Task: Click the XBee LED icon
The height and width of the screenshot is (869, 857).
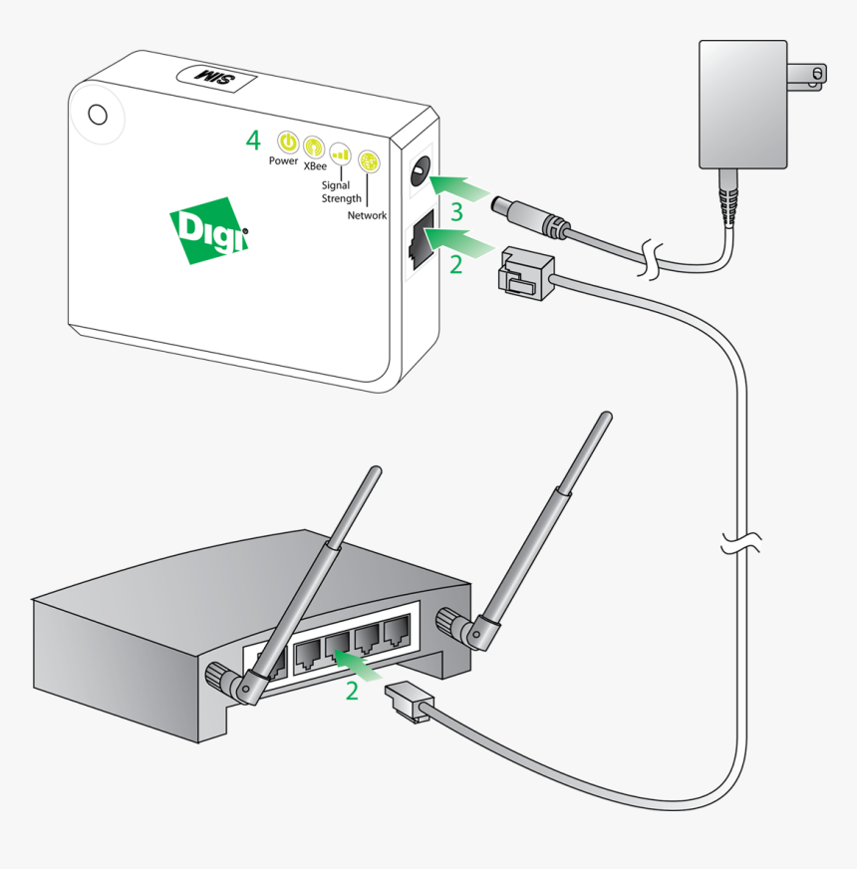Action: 314,147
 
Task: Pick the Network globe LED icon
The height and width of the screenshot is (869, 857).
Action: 369,161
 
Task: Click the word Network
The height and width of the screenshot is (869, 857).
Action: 367,215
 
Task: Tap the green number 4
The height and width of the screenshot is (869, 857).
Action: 253,140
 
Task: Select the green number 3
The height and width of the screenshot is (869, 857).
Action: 456,212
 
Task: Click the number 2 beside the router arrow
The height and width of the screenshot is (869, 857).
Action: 352,691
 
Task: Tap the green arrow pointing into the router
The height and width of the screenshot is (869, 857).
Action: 359,664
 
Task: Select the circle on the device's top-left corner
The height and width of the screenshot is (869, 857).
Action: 98,114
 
